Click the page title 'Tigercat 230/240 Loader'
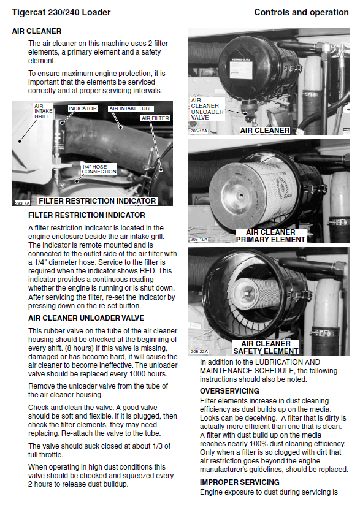click(61, 12)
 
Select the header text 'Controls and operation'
click(301, 12)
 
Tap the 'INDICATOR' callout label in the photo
click(83, 108)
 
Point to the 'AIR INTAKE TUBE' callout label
click(131, 108)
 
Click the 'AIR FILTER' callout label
click(155, 118)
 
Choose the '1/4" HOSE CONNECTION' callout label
click(99, 169)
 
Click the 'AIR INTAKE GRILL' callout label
click(43, 111)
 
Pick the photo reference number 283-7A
click(22, 203)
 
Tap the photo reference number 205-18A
click(199, 131)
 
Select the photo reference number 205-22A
click(199, 352)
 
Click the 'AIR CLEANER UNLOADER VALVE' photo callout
click(207, 109)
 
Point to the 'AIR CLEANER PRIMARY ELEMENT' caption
click(271, 236)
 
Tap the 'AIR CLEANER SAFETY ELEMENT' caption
click(266, 348)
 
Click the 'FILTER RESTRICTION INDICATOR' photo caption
click(98, 201)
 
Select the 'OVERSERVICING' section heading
click(229, 391)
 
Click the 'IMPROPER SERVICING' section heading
click(240, 482)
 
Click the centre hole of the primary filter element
click(241, 196)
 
